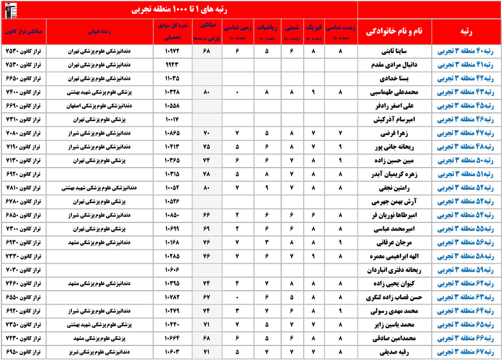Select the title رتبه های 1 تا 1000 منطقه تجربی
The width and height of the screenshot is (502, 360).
[x=179, y=10]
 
